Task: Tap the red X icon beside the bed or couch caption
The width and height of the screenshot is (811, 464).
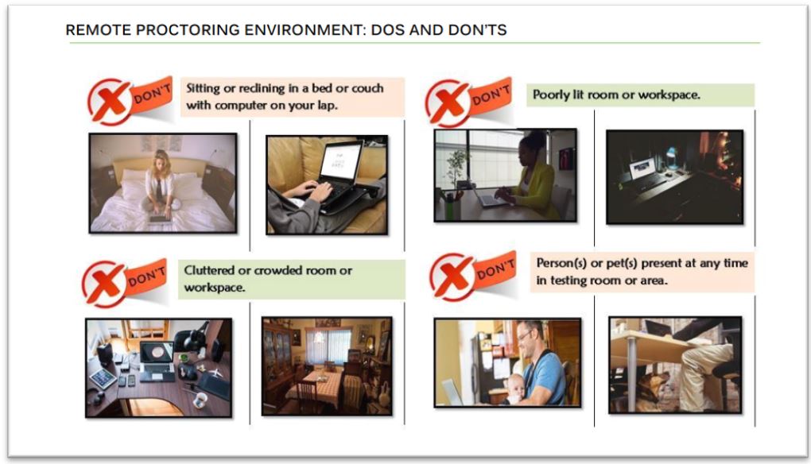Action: tap(109, 101)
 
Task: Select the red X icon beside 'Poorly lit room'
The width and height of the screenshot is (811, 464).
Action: tap(446, 102)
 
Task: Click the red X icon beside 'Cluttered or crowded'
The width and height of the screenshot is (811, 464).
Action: tap(103, 284)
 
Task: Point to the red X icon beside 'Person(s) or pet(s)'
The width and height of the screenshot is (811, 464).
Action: tap(452, 276)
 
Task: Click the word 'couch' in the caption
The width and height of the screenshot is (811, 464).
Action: tap(367, 88)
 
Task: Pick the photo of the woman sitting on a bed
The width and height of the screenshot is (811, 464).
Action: tap(163, 184)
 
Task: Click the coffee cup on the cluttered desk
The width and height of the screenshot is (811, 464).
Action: tap(200, 400)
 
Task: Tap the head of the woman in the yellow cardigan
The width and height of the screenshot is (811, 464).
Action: tap(532, 145)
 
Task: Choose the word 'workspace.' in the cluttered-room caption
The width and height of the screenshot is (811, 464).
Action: tap(215, 288)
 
